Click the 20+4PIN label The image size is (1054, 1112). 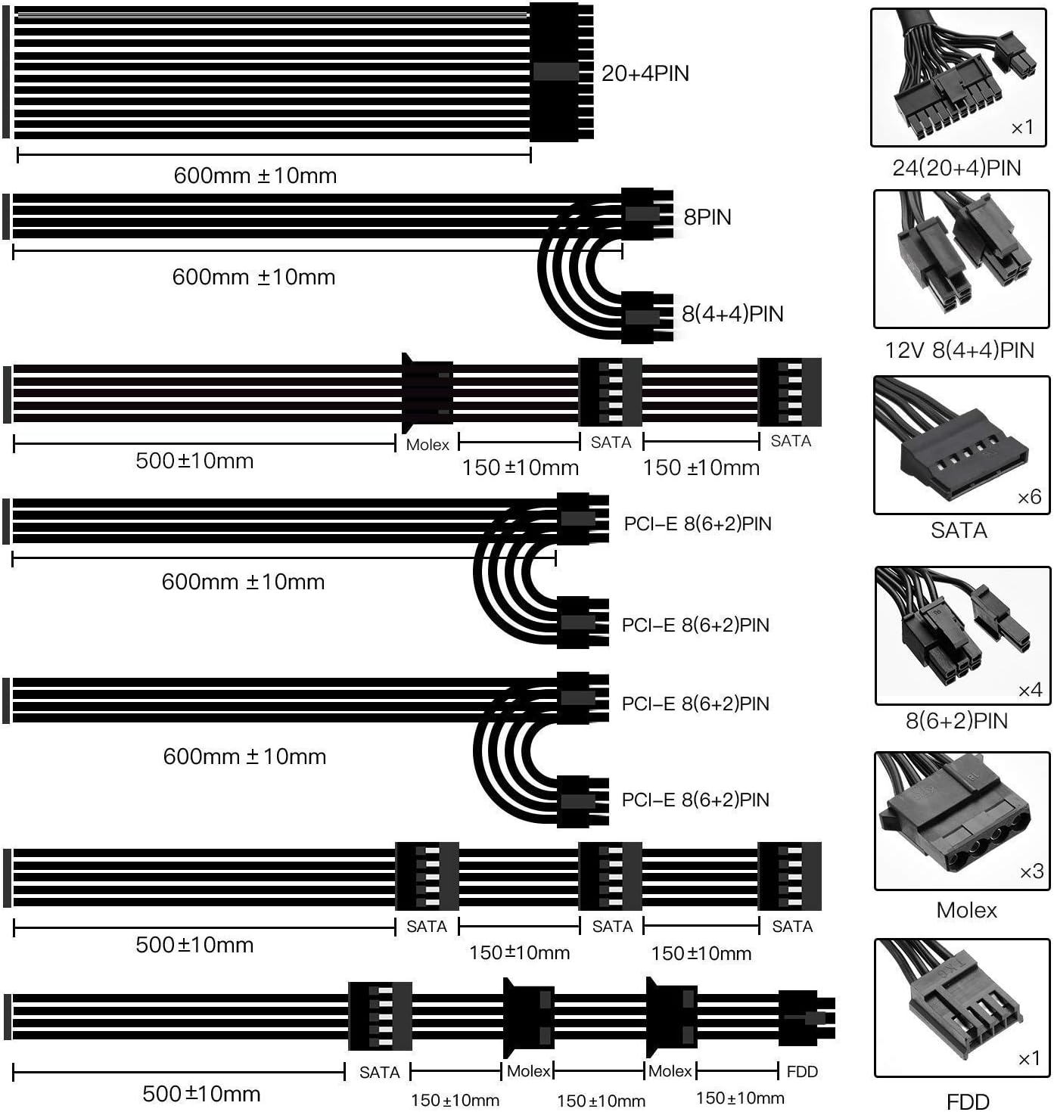pos(645,73)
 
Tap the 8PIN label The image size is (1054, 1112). pos(707,217)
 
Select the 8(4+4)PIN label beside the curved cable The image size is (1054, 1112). pos(732,314)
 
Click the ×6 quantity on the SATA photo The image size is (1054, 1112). pos(1029,497)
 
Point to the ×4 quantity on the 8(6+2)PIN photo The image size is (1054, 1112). pos(1030,690)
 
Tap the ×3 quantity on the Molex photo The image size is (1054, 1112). pos(1031,872)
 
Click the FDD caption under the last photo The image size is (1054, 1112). pos(968,1101)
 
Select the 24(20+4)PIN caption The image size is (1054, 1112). pos(956,168)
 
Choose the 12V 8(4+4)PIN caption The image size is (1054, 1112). pos(959,350)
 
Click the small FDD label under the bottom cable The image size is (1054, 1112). pos(802,1071)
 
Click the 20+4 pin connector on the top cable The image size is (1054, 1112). pos(560,73)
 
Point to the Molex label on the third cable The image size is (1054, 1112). pos(428,445)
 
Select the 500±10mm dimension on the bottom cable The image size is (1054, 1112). pos(201,1093)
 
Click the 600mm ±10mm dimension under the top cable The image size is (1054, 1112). pos(255,175)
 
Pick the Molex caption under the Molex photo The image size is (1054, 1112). pos(966,909)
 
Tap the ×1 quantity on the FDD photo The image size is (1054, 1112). pos(1029,1058)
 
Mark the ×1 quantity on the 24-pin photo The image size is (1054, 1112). pos(1022,128)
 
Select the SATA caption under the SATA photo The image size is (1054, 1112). pos(959,530)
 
